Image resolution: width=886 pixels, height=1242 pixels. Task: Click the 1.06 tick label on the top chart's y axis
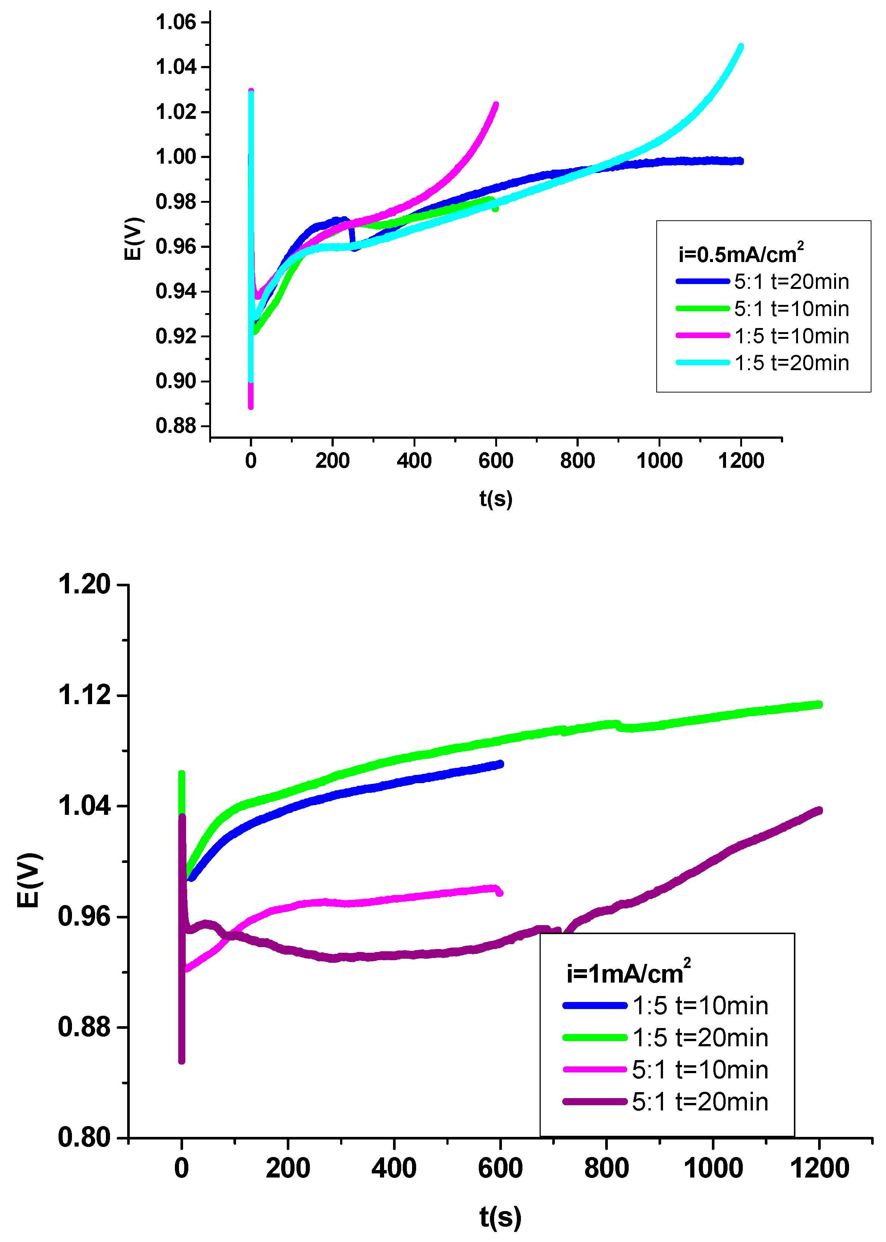click(175, 22)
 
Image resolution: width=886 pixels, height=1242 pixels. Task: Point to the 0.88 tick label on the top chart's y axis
click(175, 425)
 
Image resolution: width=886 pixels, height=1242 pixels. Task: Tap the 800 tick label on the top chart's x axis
click(577, 461)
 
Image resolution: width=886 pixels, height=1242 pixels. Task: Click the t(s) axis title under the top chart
click(495, 498)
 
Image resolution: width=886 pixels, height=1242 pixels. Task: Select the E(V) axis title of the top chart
click(133, 239)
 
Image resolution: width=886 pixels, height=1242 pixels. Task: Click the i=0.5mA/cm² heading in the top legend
click(740, 254)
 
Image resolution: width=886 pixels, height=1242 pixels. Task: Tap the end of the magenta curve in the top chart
click(495, 104)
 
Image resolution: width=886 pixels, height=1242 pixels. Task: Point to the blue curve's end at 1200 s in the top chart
click(740, 161)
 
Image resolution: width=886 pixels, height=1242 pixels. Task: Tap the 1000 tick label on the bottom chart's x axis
click(713, 1169)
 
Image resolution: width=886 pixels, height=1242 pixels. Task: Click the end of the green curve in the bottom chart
click(819, 704)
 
